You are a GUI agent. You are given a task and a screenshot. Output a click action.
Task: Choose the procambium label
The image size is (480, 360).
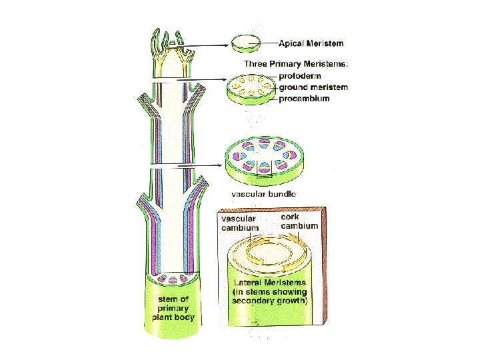click(304, 98)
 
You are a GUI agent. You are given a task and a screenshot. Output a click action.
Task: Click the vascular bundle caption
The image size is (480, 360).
click(263, 194)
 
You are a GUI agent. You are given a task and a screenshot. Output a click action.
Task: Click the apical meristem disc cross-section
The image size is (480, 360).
click(246, 44)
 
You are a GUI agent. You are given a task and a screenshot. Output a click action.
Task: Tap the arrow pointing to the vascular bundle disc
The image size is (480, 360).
click(194, 164)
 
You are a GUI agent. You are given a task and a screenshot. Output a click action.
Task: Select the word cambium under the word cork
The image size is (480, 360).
click(299, 226)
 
